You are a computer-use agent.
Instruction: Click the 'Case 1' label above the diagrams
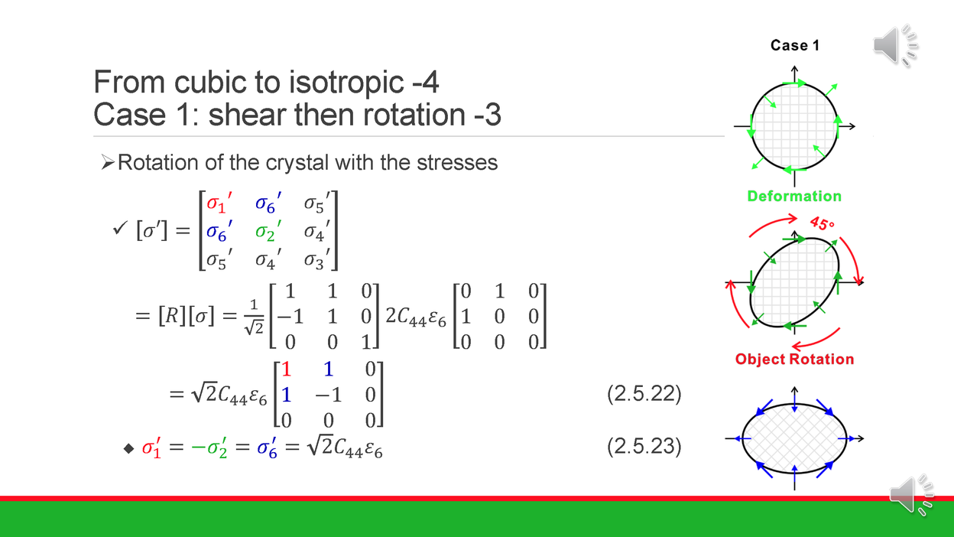point(795,45)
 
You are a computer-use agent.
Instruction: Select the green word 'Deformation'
point(794,197)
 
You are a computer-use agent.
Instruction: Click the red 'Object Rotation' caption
point(794,359)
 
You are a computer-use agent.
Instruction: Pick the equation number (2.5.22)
point(643,395)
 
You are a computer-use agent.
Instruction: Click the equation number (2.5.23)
point(643,446)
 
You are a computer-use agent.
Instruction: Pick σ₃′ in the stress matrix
point(319,259)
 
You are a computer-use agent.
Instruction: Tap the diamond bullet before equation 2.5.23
point(128,449)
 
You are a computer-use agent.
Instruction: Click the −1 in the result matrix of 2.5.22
point(327,395)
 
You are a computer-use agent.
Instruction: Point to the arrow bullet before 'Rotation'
point(108,162)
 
